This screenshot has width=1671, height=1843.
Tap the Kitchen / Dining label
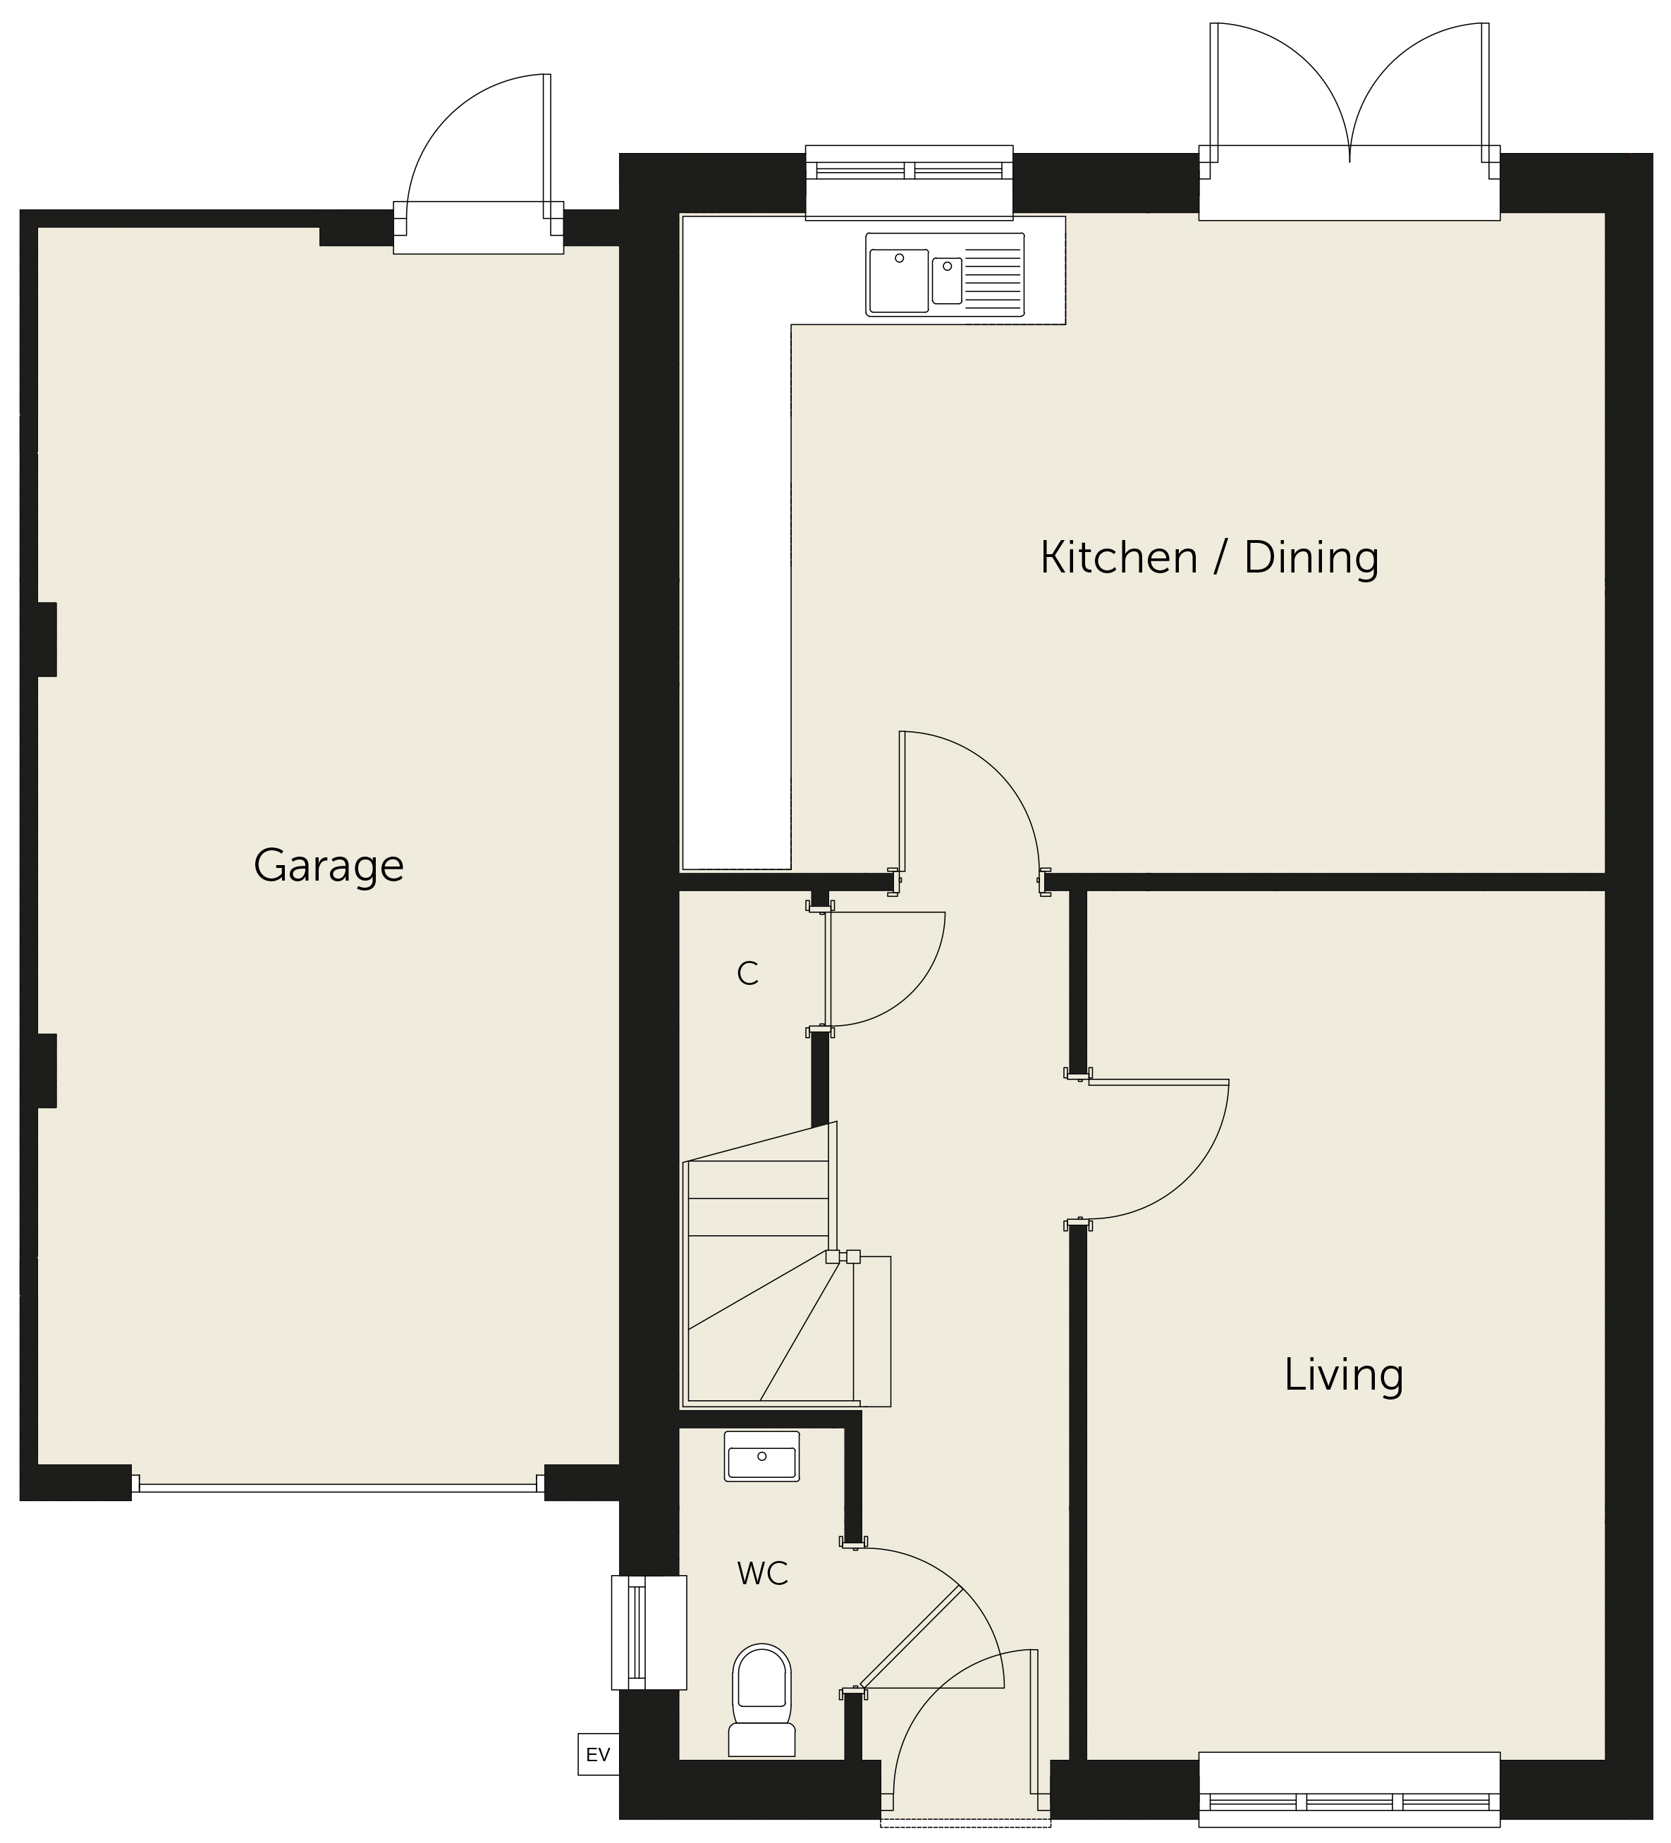point(1208,558)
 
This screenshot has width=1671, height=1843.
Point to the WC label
point(762,1573)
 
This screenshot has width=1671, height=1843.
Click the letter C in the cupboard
point(748,974)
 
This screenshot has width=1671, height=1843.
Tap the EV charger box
point(598,1754)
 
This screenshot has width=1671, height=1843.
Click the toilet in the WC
point(761,1698)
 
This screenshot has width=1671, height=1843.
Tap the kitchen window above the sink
point(910,182)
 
